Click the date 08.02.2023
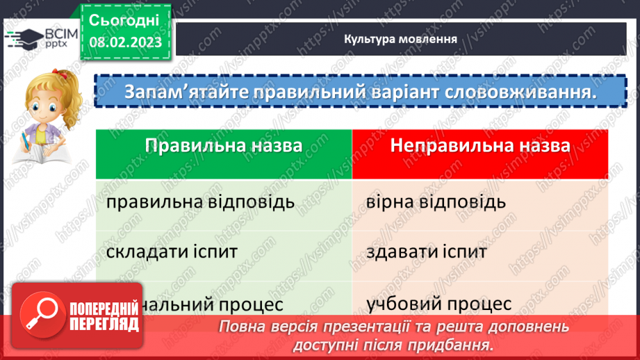(x=124, y=42)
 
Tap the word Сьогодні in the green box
(x=124, y=19)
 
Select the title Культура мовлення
(x=400, y=39)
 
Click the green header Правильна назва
(x=224, y=146)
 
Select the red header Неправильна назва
(x=480, y=146)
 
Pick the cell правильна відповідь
(x=201, y=202)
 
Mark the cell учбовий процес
(x=437, y=304)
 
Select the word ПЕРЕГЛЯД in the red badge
(x=105, y=324)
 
